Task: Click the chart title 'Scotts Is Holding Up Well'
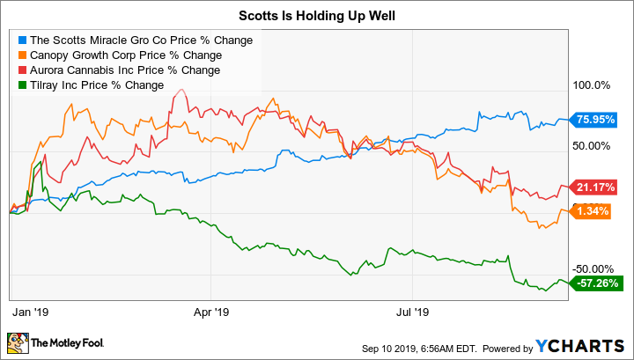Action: (x=316, y=15)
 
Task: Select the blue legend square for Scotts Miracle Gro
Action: (x=22, y=40)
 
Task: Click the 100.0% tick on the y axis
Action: (x=592, y=85)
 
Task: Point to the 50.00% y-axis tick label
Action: (x=592, y=145)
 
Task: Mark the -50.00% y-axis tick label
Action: (x=592, y=268)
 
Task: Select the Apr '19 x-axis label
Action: (x=210, y=312)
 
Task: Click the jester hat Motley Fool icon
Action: (x=17, y=342)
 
